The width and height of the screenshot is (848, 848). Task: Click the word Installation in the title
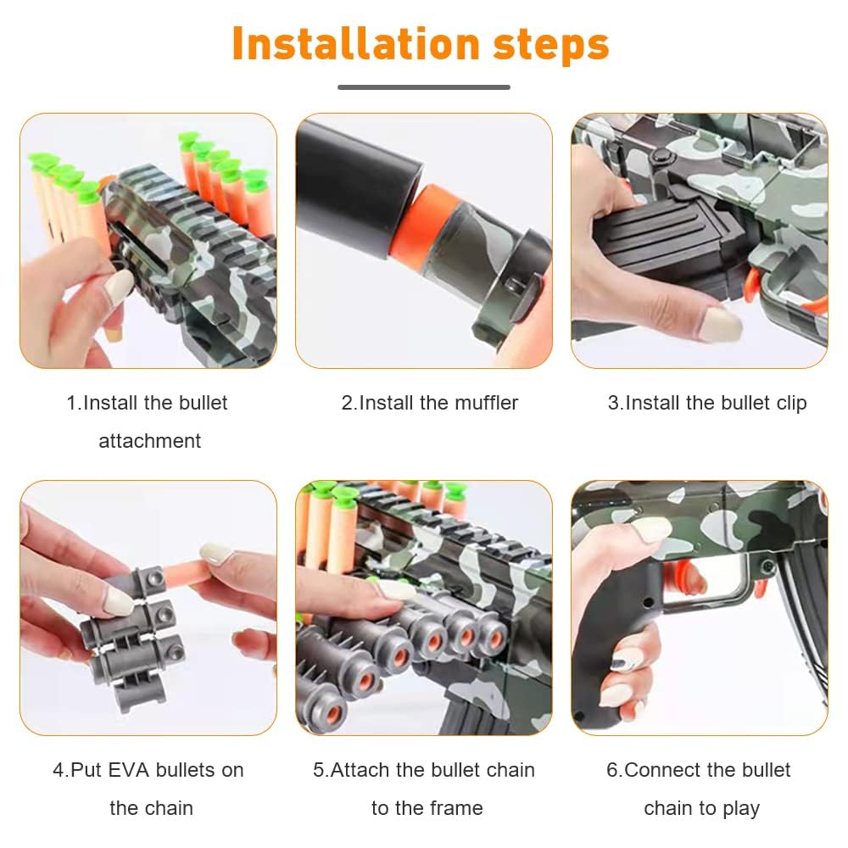pos(356,44)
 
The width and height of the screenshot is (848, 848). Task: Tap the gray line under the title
pos(424,87)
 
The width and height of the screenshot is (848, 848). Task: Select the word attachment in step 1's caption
pos(150,441)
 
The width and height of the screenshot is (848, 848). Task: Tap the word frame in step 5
pos(455,808)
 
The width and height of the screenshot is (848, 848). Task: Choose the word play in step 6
pos(740,809)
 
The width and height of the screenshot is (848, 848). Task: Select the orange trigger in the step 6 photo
pos(683,577)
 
